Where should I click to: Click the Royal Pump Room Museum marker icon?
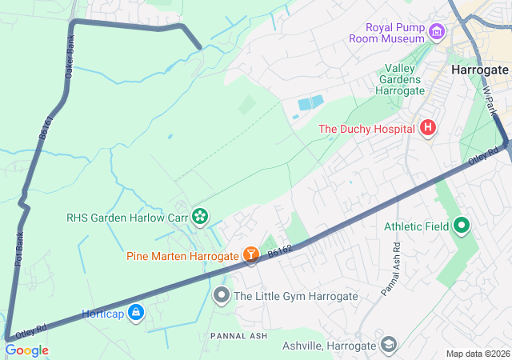click(x=436, y=32)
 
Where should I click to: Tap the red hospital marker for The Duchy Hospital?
click(x=428, y=128)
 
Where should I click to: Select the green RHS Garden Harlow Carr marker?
click(x=199, y=215)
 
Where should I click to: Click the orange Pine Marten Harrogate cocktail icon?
click(x=251, y=255)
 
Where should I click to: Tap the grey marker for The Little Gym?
click(x=222, y=296)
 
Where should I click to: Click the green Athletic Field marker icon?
click(x=461, y=226)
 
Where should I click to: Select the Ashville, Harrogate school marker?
click(x=388, y=346)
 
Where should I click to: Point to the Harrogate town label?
click(x=479, y=70)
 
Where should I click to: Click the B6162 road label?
click(x=280, y=250)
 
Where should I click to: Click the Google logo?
click(x=26, y=350)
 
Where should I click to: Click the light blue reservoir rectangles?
click(x=310, y=103)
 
